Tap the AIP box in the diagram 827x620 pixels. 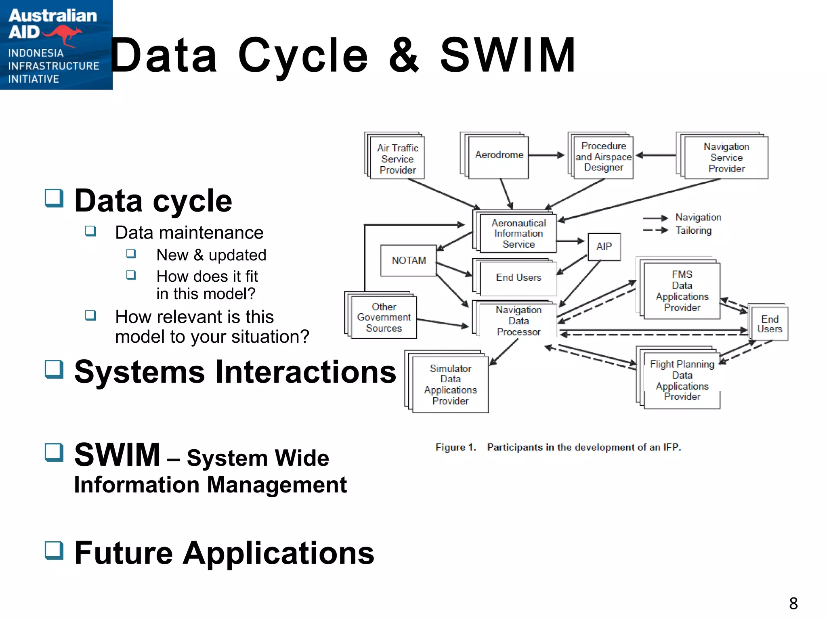[x=604, y=247]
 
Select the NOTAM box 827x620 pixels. [x=409, y=260]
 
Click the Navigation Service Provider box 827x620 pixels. [x=726, y=158]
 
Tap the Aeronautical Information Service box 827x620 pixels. [x=518, y=234]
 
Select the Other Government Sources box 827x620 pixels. [x=384, y=318]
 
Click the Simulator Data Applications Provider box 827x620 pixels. [x=450, y=385]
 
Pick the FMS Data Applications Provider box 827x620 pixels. [x=682, y=291]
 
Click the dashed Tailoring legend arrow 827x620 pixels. [x=655, y=230]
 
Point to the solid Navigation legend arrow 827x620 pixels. [x=655, y=218]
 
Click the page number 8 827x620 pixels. [x=793, y=603]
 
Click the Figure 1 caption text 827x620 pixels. [x=558, y=447]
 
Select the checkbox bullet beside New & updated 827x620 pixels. [x=131, y=253]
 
